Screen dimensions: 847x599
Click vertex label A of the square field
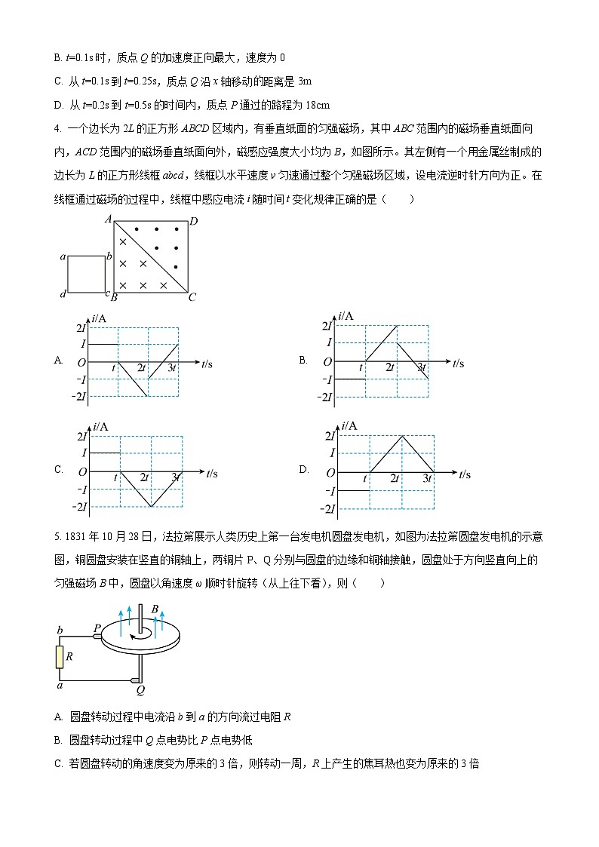[x=109, y=219]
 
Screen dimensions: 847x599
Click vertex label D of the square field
[x=194, y=221]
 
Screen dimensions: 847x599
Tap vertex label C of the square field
[x=192, y=297]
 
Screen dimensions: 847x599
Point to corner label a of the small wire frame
[x=63, y=256]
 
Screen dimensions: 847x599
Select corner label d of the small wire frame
[x=63, y=293]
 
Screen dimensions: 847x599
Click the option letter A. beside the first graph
[x=58, y=361]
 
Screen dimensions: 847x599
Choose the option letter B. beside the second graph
[x=303, y=361]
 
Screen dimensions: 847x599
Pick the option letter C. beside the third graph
[x=58, y=469]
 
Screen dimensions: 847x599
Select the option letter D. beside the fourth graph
[x=303, y=469]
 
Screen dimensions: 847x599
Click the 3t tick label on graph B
[x=420, y=367]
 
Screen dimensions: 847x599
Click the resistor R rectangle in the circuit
[x=60, y=656]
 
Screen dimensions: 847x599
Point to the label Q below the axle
[x=140, y=689]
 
